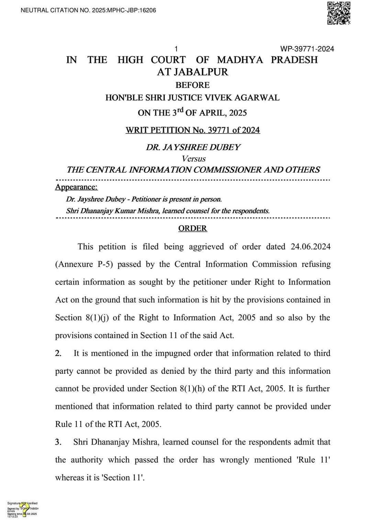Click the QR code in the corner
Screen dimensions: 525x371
tap(338, 13)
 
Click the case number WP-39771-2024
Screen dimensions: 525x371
tap(307, 49)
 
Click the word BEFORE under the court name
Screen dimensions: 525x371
tap(192, 85)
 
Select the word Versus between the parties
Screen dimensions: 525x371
tap(194, 159)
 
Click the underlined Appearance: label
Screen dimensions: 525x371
tap(76, 187)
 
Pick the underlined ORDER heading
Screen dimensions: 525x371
tap(192, 228)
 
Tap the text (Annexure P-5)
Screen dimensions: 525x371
tap(83, 264)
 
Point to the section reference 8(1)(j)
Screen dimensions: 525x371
tap(97, 317)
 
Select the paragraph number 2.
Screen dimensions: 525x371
tap(58, 353)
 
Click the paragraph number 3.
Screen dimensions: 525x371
tap(58, 442)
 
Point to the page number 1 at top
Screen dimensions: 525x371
tap(176, 49)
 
